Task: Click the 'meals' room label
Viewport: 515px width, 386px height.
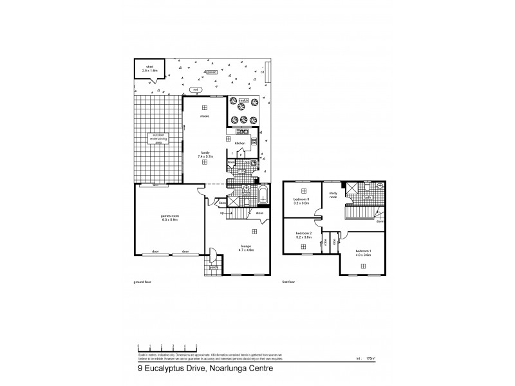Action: coord(205,116)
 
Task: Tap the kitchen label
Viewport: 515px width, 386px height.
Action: coord(240,143)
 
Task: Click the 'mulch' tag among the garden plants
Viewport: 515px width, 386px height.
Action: coord(244,101)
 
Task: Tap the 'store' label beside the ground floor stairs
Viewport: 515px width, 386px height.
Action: coord(260,212)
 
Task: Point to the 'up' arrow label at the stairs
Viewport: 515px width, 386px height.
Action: coord(222,212)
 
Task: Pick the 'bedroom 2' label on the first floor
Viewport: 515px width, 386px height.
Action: coord(303,235)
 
